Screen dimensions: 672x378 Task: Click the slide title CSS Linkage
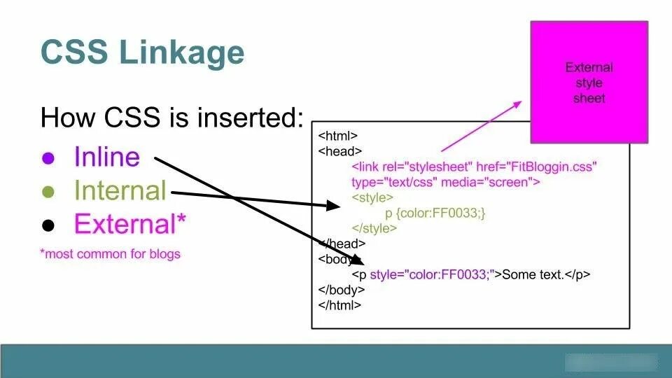(x=143, y=52)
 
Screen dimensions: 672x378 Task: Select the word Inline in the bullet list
(x=106, y=157)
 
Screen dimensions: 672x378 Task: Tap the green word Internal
(x=120, y=190)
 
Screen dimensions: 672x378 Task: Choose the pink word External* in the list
(x=130, y=224)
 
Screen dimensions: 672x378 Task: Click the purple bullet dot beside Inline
(x=48, y=157)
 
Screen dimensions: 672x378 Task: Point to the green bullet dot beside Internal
(x=48, y=191)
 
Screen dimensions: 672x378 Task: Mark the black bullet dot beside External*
(x=48, y=225)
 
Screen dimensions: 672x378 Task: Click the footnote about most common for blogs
(x=110, y=253)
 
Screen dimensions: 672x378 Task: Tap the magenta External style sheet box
(x=589, y=82)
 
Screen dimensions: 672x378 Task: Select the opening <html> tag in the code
(x=338, y=136)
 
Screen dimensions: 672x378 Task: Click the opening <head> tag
(x=339, y=151)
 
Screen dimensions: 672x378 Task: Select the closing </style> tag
(x=374, y=229)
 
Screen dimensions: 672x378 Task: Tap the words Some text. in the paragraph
(x=533, y=274)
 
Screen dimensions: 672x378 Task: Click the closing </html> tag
(x=339, y=305)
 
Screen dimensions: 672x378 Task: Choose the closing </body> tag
(x=341, y=290)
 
